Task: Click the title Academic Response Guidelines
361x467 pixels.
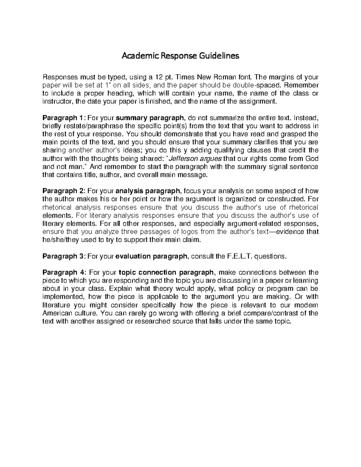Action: tap(180, 56)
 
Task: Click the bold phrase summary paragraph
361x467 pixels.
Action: tap(150, 117)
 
